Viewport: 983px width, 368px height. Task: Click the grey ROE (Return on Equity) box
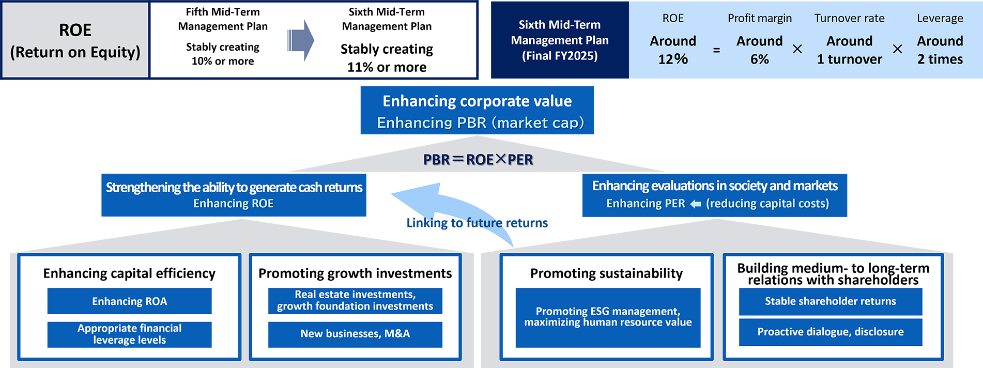pyautogui.click(x=75, y=40)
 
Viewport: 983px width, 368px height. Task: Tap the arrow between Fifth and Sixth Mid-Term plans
pyautogui.click(x=301, y=40)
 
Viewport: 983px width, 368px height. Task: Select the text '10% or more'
pyautogui.click(x=223, y=61)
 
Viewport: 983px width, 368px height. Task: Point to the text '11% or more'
pyautogui.click(x=387, y=67)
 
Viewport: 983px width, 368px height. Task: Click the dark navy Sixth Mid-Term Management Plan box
pyautogui.click(x=560, y=40)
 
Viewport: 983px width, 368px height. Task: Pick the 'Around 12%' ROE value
pyautogui.click(x=673, y=50)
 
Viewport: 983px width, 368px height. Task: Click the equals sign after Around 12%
pyautogui.click(x=716, y=51)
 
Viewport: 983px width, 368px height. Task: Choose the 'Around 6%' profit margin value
pyautogui.click(x=760, y=50)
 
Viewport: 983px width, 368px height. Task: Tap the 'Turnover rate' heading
pyautogui.click(x=849, y=18)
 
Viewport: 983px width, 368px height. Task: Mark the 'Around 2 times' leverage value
pyautogui.click(x=940, y=50)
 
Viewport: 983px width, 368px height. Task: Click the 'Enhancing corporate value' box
pyautogui.click(x=477, y=110)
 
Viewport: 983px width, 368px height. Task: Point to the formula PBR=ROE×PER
pyautogui.click(x=478, y=160)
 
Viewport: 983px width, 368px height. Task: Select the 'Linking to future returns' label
pyautogui.click(x=477, y=223)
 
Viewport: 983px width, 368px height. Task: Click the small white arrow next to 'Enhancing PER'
pyautogui.click(x=696, y=204)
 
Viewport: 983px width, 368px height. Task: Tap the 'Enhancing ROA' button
pyautogui.click(x=129, y=301)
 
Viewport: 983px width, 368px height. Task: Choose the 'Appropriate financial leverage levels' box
pyautogui.click(x=129, y=334)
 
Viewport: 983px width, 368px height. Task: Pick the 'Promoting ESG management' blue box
pyautogui.click(x=608, y=317)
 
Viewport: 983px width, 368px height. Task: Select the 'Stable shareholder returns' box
pyautogui.click(x=831, y=301)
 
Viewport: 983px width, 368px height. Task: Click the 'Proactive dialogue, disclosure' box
pyautogui.click(x=831, y=332)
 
